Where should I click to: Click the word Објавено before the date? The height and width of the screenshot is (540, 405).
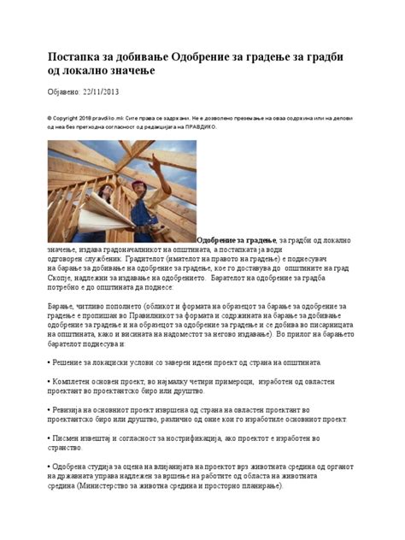[x=64, y=91]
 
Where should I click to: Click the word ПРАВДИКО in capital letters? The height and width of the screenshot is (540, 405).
[x=198, y=126]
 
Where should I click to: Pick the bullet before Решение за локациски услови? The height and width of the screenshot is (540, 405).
[x=49, y=363]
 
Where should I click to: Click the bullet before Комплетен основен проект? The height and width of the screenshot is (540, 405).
[x=49, y=382]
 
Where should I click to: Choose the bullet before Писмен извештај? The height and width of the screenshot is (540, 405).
[x=49, y=437]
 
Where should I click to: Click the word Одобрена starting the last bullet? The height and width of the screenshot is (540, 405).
[x=73, y=466]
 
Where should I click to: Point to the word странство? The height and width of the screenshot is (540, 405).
[x=66, y=447]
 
